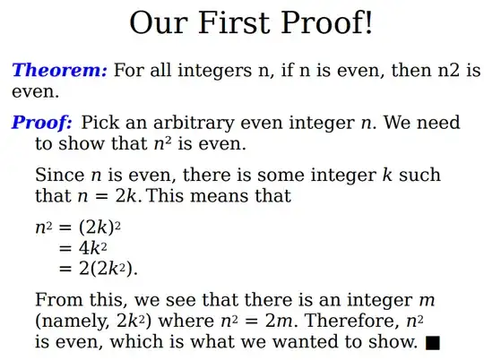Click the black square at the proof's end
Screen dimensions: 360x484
point(434,342)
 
